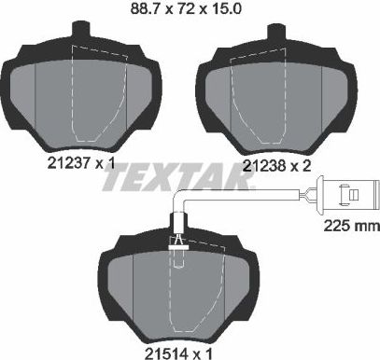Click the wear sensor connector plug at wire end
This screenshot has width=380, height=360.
pos(347,197)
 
